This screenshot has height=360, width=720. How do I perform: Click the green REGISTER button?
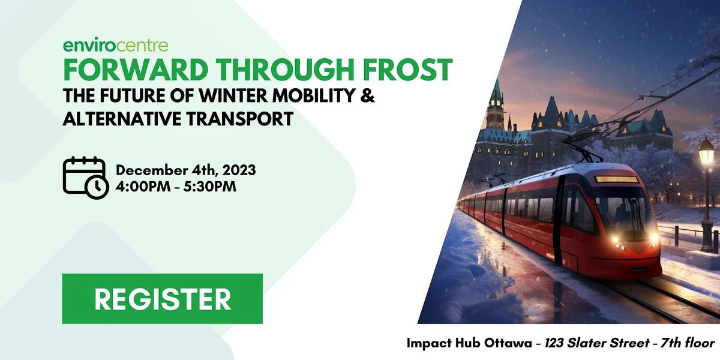tap(163, 299)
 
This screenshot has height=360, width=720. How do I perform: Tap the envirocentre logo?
tap(116, 46)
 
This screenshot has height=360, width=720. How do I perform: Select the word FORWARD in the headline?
tap(135, 70)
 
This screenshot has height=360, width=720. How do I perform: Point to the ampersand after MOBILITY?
tap(367, 95)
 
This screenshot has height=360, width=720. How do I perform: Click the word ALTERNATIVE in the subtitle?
tap(122, 119)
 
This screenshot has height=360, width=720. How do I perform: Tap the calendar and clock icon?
tap(86, 178)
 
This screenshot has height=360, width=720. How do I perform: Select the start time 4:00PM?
tap(143, 187)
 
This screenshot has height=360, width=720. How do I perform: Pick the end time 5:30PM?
tap(210, 187)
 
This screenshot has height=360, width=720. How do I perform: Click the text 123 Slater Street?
tap(597, 343)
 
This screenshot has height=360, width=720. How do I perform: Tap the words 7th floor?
tap(688, 343)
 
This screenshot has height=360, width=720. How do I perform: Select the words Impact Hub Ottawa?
tap(469, 344)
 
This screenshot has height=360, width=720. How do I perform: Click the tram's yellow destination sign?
tap(617, 179)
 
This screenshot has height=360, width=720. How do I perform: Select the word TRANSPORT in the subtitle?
tap(240, 119)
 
